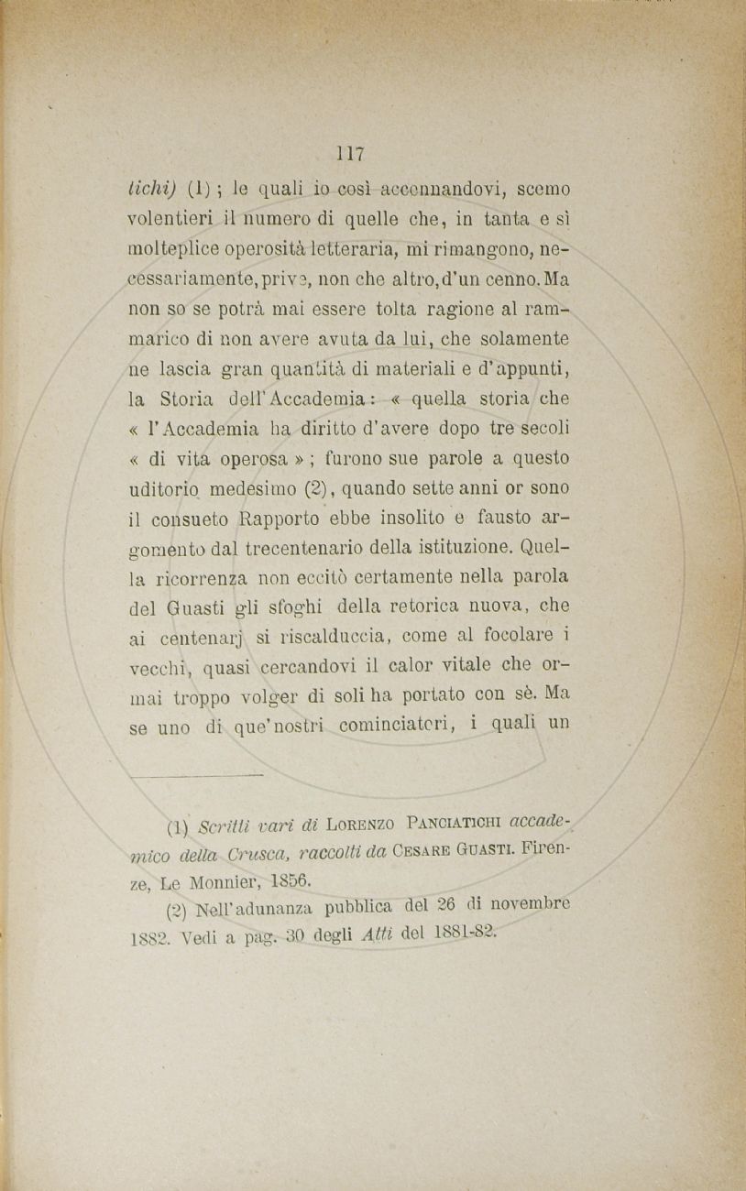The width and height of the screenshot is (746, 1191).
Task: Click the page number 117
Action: (x=350, y=153)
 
